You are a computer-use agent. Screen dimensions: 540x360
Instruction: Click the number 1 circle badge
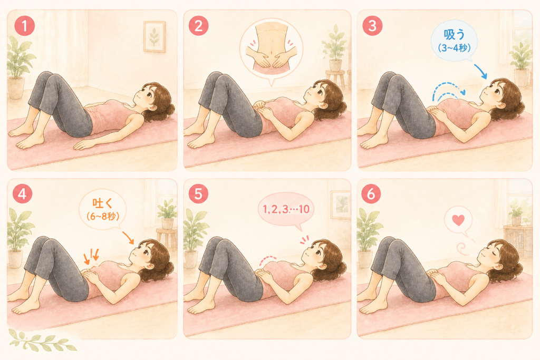point(24,25)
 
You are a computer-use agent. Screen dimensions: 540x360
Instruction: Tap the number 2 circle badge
point(199,25)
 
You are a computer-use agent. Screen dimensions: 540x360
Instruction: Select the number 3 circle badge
point(372,25)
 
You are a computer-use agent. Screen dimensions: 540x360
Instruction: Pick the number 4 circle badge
point(22,193)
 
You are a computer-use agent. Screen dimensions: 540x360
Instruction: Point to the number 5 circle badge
point(198,193)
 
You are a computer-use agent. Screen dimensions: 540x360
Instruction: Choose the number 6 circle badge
point(371,193)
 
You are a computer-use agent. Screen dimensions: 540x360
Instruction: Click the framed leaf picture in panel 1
point(155,36)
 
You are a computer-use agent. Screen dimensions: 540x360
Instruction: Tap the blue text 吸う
point(454,34)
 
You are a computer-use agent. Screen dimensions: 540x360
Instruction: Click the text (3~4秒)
point(454,47)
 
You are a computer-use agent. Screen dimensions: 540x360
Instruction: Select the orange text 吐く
point(103,203)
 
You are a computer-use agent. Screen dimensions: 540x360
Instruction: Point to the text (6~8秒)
point(103,216)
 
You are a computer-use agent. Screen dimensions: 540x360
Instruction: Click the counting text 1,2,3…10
point(286,209)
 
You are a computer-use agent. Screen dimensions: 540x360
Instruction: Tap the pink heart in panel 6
point(458,220)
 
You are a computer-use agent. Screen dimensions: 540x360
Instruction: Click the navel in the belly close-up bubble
point(272,53)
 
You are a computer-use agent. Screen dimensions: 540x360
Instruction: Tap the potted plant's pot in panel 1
point(16,87)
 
